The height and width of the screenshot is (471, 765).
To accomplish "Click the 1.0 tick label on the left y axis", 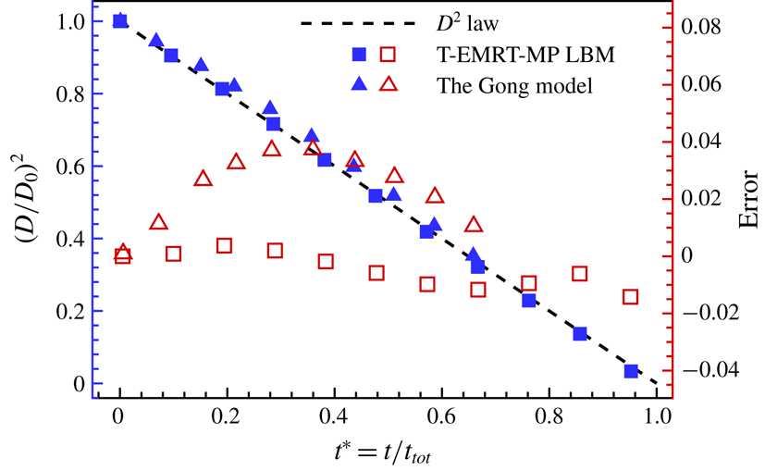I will (x=80, y=21).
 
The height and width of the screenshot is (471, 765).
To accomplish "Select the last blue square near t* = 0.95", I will (x=631, y=371).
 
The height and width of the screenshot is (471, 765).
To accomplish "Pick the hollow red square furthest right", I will (x=631, y=297).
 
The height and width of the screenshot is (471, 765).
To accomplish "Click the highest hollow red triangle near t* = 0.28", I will (x=272, y=149).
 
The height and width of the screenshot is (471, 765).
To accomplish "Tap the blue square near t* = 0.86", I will (x=580, y=334).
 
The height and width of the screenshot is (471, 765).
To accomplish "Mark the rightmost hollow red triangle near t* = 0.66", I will (x=474, y=225).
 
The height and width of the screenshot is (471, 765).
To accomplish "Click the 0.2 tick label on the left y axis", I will (x=80, y=311).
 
